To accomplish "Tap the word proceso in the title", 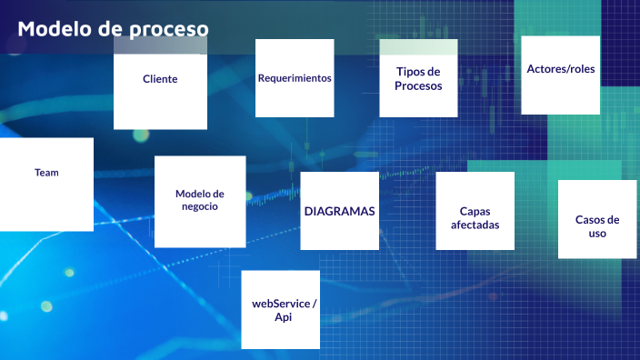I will click(168, 30).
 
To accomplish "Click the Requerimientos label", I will click(294, 78).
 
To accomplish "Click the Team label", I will click(46, 172).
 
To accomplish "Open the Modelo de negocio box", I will click(199, 200).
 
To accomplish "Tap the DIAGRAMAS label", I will click(339, 211).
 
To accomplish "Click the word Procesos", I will click(418, 86).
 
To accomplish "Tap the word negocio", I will click(199, 206).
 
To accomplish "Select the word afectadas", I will click(475, 225).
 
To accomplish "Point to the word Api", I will click(283, 317).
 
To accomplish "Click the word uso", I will click(597, 234).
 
